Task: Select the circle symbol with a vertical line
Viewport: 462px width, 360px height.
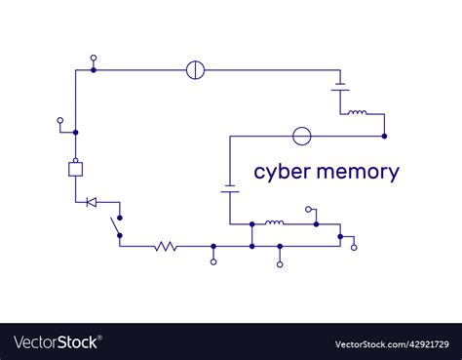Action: click(x=195, y=70)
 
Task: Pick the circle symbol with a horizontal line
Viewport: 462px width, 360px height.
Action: click(x=302, y=136)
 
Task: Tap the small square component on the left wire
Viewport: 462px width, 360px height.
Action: click(x=75, y=169)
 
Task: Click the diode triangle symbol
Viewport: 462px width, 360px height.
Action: click(x=91, y=202)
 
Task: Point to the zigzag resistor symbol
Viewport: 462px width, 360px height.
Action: click(x=166, y=246)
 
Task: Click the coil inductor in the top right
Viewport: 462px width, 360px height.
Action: click(x=358, y=113)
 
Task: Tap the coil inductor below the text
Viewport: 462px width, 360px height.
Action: click(x=275, y=223)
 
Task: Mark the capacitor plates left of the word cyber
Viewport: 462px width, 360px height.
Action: click(x=230, y=188)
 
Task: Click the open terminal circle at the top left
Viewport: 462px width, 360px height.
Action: click(x=94, y=58)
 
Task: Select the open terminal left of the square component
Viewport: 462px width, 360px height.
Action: click(x=60, y=121)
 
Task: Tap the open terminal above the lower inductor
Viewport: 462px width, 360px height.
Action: click(x=309, y=209)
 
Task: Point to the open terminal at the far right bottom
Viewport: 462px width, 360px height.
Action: click(x=354, y=247)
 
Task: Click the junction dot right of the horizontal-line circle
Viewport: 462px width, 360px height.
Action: click(x=384, y=136)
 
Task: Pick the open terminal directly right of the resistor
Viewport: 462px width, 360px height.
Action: click(x=214, y=261)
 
